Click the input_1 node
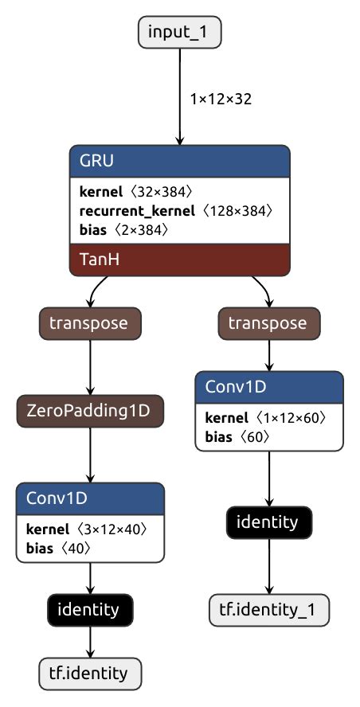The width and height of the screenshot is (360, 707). [179, 33]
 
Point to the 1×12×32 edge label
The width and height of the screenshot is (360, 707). [221, 100]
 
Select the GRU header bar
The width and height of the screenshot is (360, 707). [179, 160]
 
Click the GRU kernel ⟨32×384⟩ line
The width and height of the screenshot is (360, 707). [135, 192]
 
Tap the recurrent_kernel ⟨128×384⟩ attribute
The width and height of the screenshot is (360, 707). [176, 211]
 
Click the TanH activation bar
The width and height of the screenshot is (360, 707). [179, 260]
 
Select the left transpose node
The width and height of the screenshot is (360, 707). [90, 323]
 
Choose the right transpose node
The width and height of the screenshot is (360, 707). [268, 323]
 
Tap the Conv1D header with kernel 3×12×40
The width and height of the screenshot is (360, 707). [90, 498]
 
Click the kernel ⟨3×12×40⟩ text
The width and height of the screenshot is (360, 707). [87, 529]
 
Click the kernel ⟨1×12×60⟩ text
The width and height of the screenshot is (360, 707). [265, 418]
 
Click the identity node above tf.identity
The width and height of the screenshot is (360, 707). [90, 610]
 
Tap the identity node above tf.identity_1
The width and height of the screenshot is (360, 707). [268, 522]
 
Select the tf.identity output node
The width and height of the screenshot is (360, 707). [90, 674]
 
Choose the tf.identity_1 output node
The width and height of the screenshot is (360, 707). [268, 610]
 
